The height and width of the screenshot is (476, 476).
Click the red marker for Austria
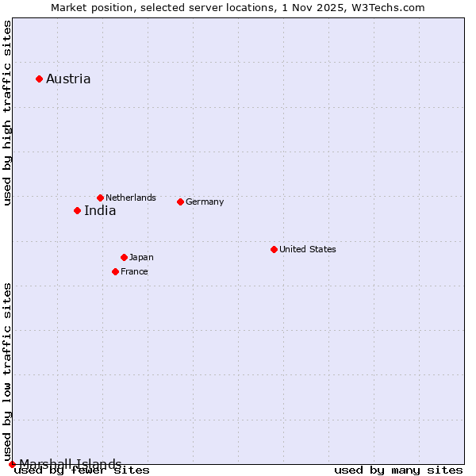(x=39, y=79)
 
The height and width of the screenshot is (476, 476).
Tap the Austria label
(x=68, y=79)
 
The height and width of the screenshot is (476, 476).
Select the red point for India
(x=77, y=210)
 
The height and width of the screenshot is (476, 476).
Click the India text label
(x=100, y=210)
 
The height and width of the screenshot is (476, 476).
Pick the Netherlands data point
(x=100, y=198)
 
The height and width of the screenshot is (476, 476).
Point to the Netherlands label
(x=131, y=198)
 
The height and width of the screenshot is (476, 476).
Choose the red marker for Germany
(x=180, y=202)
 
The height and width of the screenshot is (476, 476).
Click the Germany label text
(x=205, y=202)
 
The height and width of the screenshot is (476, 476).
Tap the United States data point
(x=274, y=249)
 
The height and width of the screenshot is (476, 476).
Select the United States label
(x=308, y=249)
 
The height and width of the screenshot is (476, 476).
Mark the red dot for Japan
(x=124, y=257)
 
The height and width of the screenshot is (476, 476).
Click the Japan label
(x=141, y=257)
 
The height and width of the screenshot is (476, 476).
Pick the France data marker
(x=115, y=271)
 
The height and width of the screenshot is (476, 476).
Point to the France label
(x=134, y=271)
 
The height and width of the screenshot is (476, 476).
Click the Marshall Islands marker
(x=12, y=464)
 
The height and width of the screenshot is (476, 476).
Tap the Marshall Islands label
(x=71, y=464)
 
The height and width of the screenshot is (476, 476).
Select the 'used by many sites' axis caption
(x=398, y=470)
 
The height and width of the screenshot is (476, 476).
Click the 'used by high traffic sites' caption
(x=7, y=113)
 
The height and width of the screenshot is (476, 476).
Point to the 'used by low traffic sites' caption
(x=7, y=371)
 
